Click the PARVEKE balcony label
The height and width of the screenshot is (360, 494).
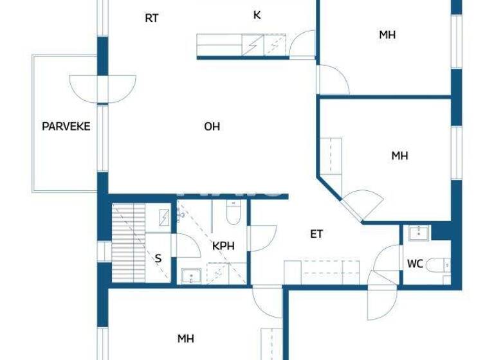click(66, 126)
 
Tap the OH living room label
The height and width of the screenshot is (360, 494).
click(212, 127)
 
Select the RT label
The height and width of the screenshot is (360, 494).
click(151, 18)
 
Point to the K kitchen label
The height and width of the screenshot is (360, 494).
click(257, 15)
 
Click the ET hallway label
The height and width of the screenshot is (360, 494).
click(316, 234)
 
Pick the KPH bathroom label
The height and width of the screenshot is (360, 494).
click(223, 246)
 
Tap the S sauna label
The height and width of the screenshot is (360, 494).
click(158, 258)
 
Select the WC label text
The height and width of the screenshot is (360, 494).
click(414, 264)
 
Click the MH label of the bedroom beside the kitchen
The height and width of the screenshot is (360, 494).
click(387, 35)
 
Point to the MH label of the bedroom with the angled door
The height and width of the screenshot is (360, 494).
click(400, 156)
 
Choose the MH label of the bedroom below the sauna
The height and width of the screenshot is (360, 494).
click(186, 338)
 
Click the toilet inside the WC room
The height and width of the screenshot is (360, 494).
click(441, 264)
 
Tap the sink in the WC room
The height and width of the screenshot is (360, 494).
click(419, 232)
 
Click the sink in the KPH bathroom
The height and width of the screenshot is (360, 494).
click(190, 276)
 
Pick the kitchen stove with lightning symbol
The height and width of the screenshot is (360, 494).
click(252, 46)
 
